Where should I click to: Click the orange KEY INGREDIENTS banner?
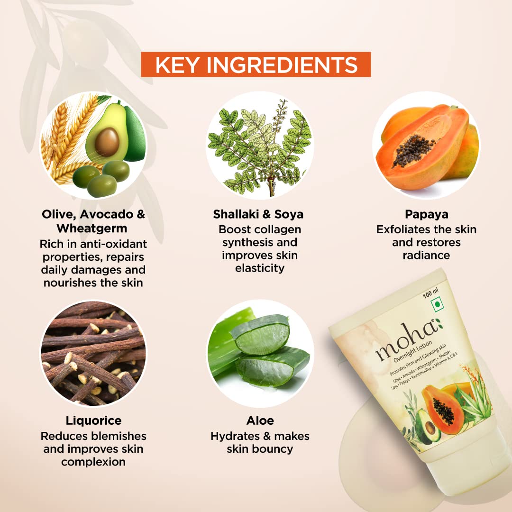256,64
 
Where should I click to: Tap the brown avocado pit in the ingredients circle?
107,142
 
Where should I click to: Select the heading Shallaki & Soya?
258,214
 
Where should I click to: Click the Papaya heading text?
427,215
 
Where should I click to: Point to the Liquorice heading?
93,421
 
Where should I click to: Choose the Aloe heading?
260,420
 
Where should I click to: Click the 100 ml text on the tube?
430,293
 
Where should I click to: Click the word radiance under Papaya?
426,255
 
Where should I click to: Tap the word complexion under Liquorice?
93,462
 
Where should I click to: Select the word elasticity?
260,268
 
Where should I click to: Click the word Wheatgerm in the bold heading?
92,228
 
